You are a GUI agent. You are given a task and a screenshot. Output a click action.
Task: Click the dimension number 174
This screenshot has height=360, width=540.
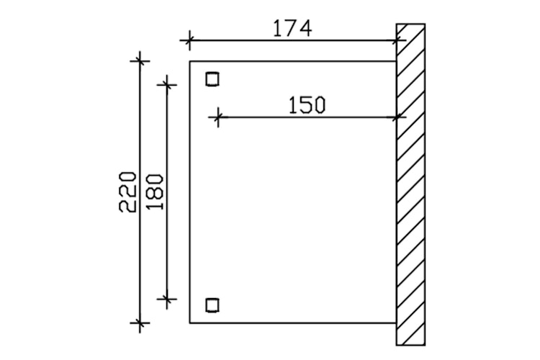click(x=293, y=29)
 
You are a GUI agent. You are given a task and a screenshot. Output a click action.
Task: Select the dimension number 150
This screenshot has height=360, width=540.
click(x=307, y=105)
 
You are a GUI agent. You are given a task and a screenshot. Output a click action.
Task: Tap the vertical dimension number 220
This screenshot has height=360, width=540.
click(x=127, y=192)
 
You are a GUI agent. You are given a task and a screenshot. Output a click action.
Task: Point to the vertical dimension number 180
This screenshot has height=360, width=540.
click(x=155, y=192)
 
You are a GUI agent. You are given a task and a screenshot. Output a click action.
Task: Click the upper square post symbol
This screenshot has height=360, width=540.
click(x=212, y=79)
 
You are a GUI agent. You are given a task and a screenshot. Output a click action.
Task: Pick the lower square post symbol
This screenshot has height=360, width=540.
click(x=212, y=305)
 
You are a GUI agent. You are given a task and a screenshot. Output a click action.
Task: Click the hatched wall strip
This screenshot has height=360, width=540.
click(x=410, y=184)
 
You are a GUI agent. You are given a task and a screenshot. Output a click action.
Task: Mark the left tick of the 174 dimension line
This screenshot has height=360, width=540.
click(x=189, y=40)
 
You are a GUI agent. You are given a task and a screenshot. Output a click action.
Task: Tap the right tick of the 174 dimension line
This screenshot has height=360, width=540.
click(x=397, y=40)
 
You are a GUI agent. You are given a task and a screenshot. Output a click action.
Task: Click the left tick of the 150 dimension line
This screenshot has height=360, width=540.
click(x=217, y=117)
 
